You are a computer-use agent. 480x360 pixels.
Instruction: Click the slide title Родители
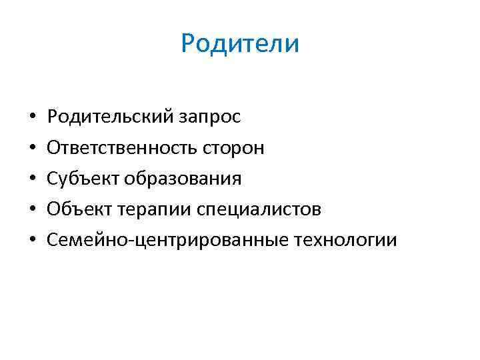tap(240, 44)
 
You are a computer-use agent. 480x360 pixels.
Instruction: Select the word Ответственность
tap(121, 148)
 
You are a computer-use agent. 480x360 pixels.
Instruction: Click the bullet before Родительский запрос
tap(32, 118)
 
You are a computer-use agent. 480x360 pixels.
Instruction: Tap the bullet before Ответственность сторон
tap(32, 149)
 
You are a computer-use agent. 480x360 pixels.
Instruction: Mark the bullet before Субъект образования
tap(32, 179)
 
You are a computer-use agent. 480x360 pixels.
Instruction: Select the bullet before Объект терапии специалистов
tap(32, 210)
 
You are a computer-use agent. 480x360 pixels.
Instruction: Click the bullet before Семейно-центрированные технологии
tap(32, 241)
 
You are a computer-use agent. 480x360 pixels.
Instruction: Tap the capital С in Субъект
tap(52, 179)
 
